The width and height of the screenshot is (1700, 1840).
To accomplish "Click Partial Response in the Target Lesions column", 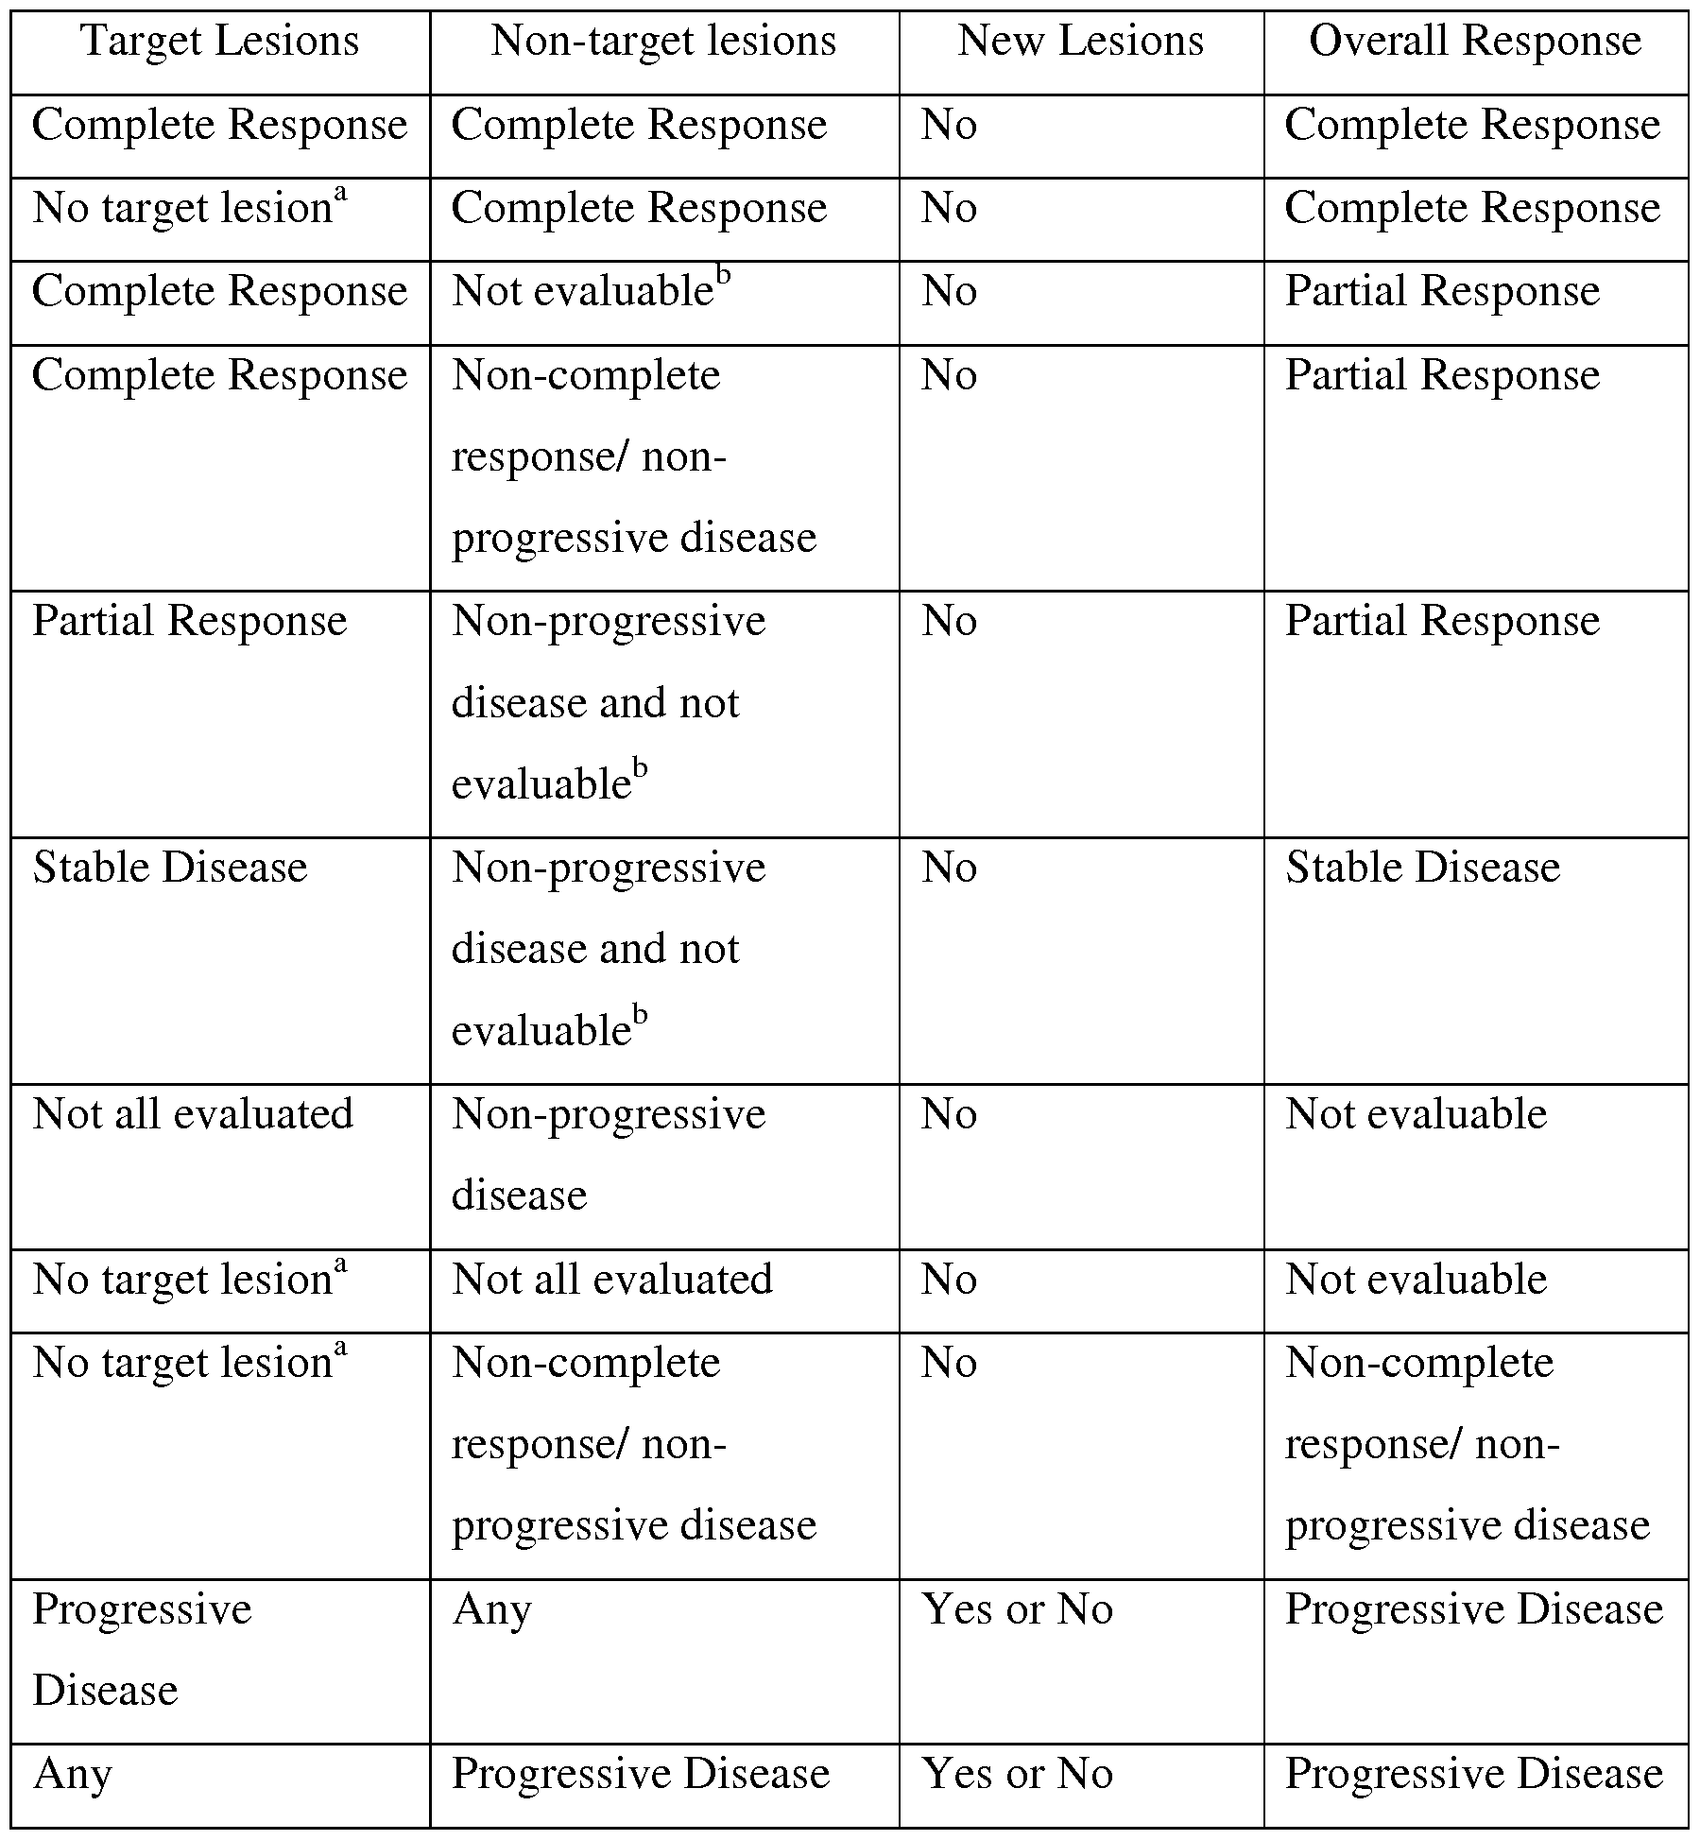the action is click(190, 622).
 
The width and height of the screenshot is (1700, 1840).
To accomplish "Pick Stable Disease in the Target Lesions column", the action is click(170, 868).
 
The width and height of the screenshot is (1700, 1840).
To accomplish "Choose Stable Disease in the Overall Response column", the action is click(1422, 868).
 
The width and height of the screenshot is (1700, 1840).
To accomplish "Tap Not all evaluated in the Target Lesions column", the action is click(193, 1115).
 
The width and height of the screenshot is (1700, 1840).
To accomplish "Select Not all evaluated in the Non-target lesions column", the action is click(612, 1281).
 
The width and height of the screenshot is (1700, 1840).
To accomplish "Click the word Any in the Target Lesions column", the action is click(72, 1775).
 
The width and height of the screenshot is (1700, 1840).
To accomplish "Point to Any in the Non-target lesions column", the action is click(491, 1610).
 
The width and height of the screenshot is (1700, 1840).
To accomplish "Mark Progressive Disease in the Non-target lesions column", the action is click(641, 1775).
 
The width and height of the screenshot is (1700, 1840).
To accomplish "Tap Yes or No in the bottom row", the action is click(1017, 1775).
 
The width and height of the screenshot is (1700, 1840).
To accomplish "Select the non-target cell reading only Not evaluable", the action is click(590, 292).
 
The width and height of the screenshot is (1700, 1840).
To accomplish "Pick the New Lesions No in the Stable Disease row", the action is click(949, 868).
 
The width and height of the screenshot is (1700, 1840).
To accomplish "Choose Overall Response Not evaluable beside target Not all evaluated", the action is click(1416, 1115).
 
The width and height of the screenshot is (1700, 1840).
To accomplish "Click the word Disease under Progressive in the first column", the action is click(105, 1691).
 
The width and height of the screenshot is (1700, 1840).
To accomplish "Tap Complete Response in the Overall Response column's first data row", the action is click(1471, 126).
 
